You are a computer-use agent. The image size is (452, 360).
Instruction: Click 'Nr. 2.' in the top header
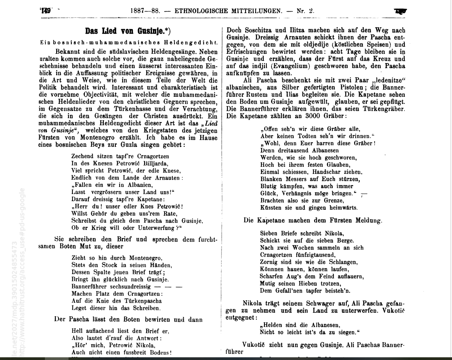pos(305,11)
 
